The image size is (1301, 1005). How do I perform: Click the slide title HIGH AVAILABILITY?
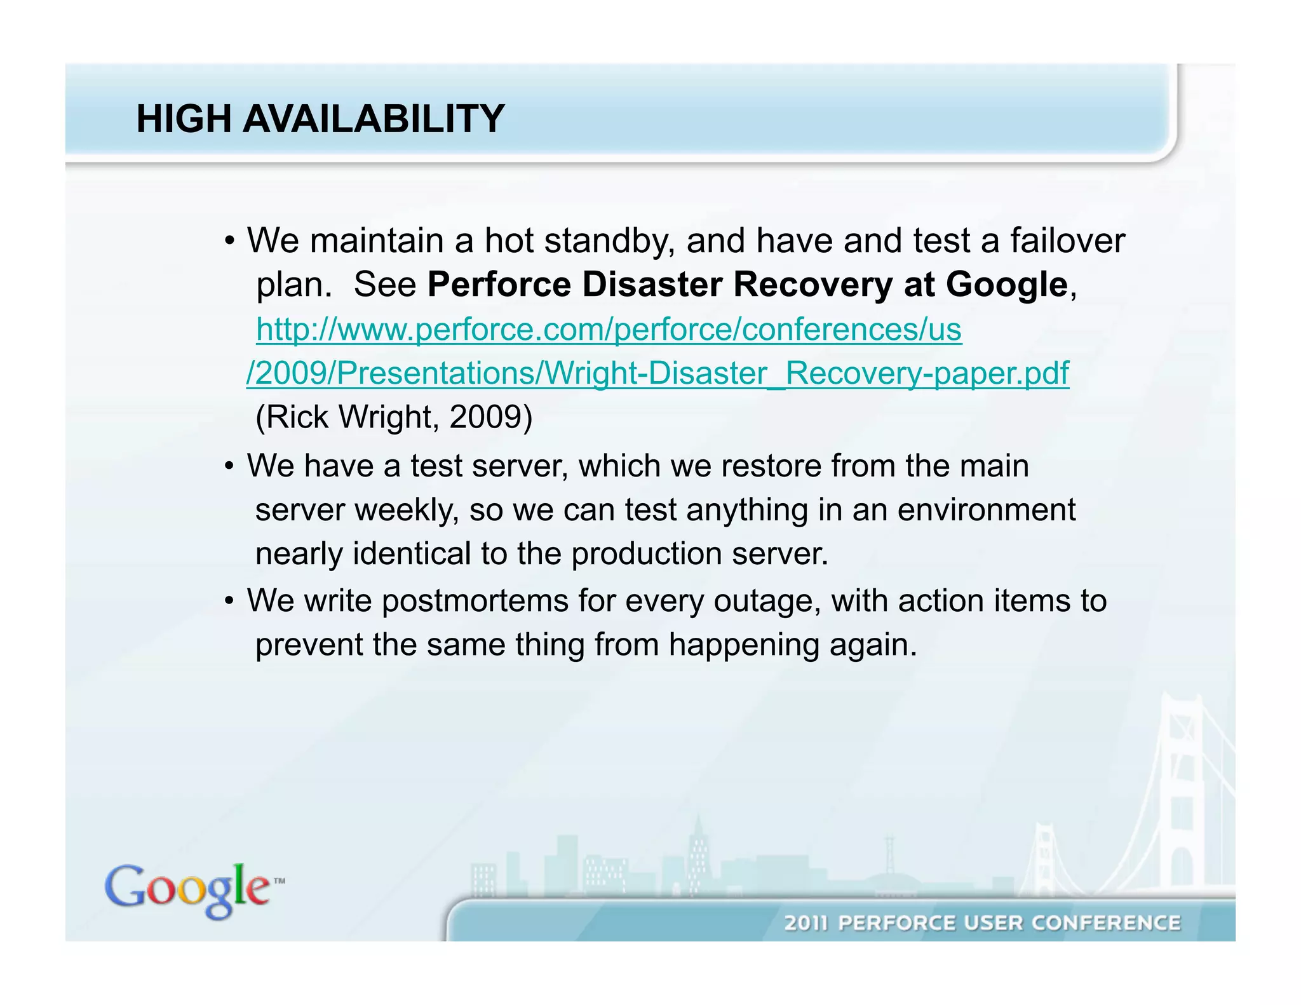pos(320,119)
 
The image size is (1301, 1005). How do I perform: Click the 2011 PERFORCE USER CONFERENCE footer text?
pos(982,922)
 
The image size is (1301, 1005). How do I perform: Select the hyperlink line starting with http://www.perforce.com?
pos(609,329)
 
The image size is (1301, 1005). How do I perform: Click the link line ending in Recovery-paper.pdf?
pos(657,373)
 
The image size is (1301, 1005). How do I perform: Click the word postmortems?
pos(475,601)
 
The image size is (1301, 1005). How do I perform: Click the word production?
pos(646,554)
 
